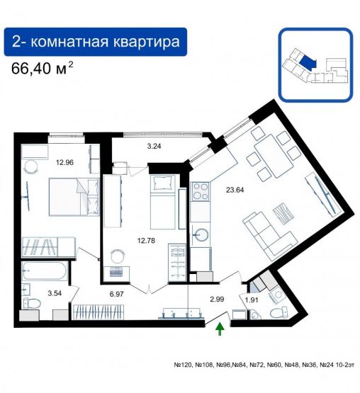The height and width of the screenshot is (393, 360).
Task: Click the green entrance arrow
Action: pyautogui.click(x=220, y=327)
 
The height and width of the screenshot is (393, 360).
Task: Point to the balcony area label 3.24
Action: pyautogui.click(x=154, y=147)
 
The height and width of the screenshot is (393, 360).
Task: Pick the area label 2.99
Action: pyautogui.click(x=218, y=299)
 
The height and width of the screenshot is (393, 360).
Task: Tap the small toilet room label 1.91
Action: pyautogui.click(x=252, y=300)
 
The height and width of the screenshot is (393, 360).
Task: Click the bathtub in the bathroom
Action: pyautogui.click(x=45, y=271)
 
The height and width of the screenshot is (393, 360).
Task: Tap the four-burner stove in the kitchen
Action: pyautogui.click(x=201, y=191)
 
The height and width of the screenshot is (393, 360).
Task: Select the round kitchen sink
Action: pyautogui.click(x=201, y=234)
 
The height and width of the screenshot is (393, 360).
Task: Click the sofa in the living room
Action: pyautogui.click(x=267, y=229)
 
